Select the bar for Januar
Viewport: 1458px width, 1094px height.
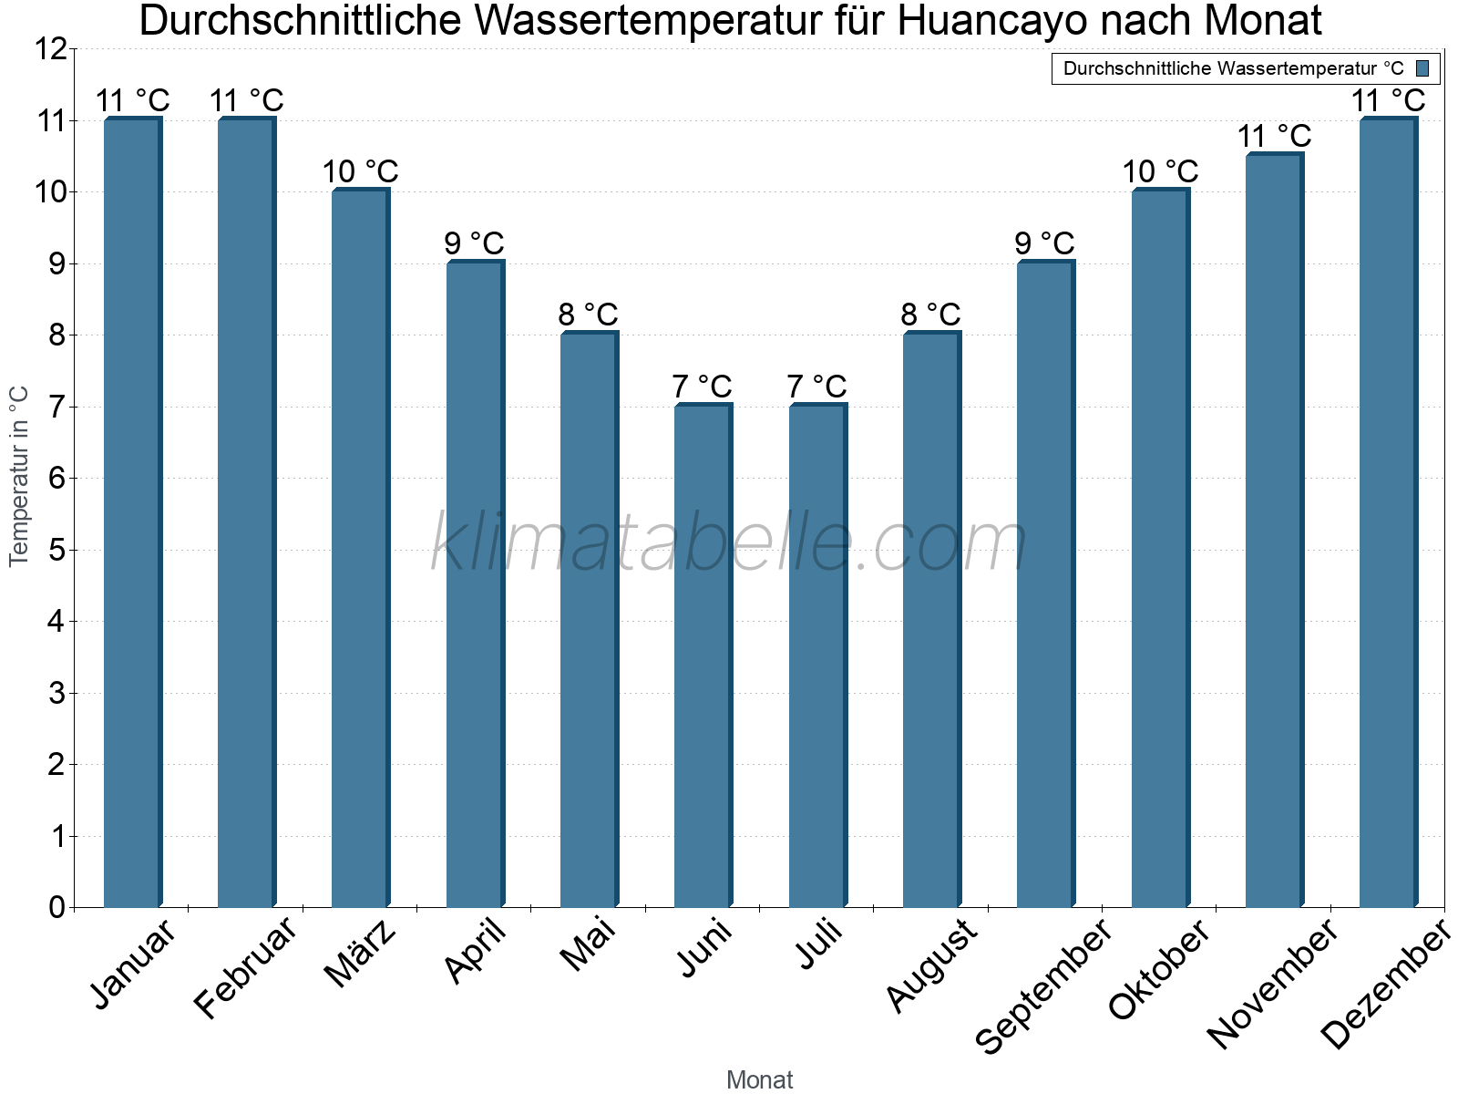(132, 512)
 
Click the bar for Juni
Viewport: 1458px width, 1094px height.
(703, 655)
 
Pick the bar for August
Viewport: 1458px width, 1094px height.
(931, 620)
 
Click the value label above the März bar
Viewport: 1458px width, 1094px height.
(360, 171)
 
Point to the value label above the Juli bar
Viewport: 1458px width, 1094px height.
(816, 387)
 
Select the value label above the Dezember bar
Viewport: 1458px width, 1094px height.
(1388, 100)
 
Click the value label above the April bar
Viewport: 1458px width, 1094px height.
(474, 243)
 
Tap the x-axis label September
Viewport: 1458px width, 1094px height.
(1044, 985)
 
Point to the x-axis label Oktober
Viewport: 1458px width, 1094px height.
(1159, 969)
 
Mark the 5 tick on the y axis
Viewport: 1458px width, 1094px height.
(57, 550)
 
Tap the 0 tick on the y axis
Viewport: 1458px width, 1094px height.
(57, 907)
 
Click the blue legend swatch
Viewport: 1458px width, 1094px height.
(1422, 68)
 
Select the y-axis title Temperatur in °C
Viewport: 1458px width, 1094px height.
(19, 476)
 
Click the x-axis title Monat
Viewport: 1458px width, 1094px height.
(759, 1079)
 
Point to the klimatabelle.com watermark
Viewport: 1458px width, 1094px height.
(729, 543)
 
